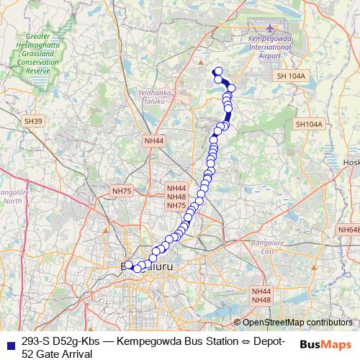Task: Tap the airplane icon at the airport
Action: [x=270, y=28]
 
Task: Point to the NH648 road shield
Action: [x=348, y=230]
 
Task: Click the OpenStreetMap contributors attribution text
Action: [x=297, y=323]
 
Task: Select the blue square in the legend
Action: [x=10, y=342]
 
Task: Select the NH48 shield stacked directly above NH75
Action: [x=176, y=196]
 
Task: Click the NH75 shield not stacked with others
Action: [x=122, y=191]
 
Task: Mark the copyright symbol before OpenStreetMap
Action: [x=237, y=323]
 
